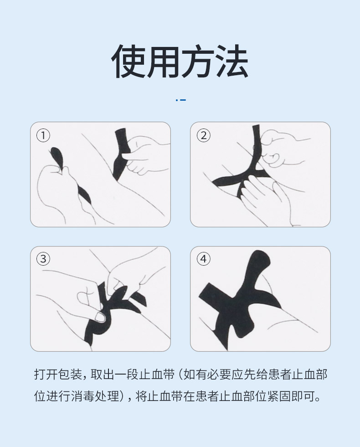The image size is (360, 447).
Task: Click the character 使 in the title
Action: pos(128,62)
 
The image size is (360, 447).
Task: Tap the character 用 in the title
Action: pos(163,62)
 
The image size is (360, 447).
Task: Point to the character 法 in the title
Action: pos(231,62)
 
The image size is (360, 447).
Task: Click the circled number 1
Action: pos(43,135)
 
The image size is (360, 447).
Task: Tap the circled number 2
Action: pos(204,135)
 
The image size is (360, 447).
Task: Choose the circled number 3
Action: pos(43,259)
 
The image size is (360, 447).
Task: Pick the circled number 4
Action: pos(204,259)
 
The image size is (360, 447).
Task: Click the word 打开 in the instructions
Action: pos(46,374)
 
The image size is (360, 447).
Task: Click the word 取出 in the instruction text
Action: pos(103,374)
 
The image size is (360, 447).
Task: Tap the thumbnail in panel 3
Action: pos(100,317)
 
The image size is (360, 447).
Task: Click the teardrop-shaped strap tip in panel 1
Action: pos(57,157)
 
